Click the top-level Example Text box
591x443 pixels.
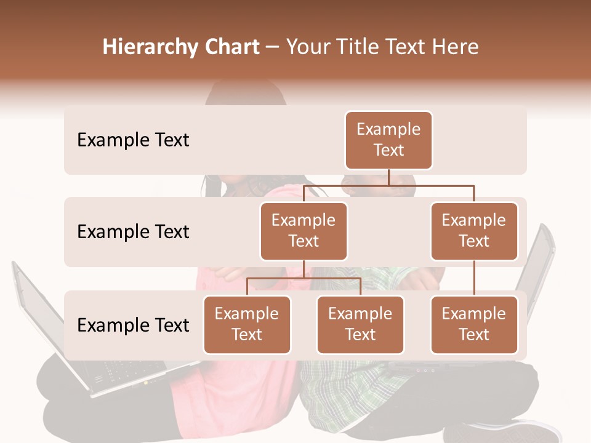(388, 140)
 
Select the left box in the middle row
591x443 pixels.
(304, 231)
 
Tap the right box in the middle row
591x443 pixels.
(474, 231)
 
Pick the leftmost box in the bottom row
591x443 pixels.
(247, 325)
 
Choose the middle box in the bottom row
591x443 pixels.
(360, 325)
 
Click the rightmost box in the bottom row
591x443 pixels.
(474, 325)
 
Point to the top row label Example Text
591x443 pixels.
(133, 140)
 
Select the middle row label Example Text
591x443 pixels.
(133, 232)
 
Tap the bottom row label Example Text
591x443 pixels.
(133, 325)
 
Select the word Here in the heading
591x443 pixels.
(454, 47)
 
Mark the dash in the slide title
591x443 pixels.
(272, 47)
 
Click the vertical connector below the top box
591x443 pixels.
(388, 177)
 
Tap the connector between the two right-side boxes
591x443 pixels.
(474, 278)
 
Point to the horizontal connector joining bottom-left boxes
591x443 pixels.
(304, 278)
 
